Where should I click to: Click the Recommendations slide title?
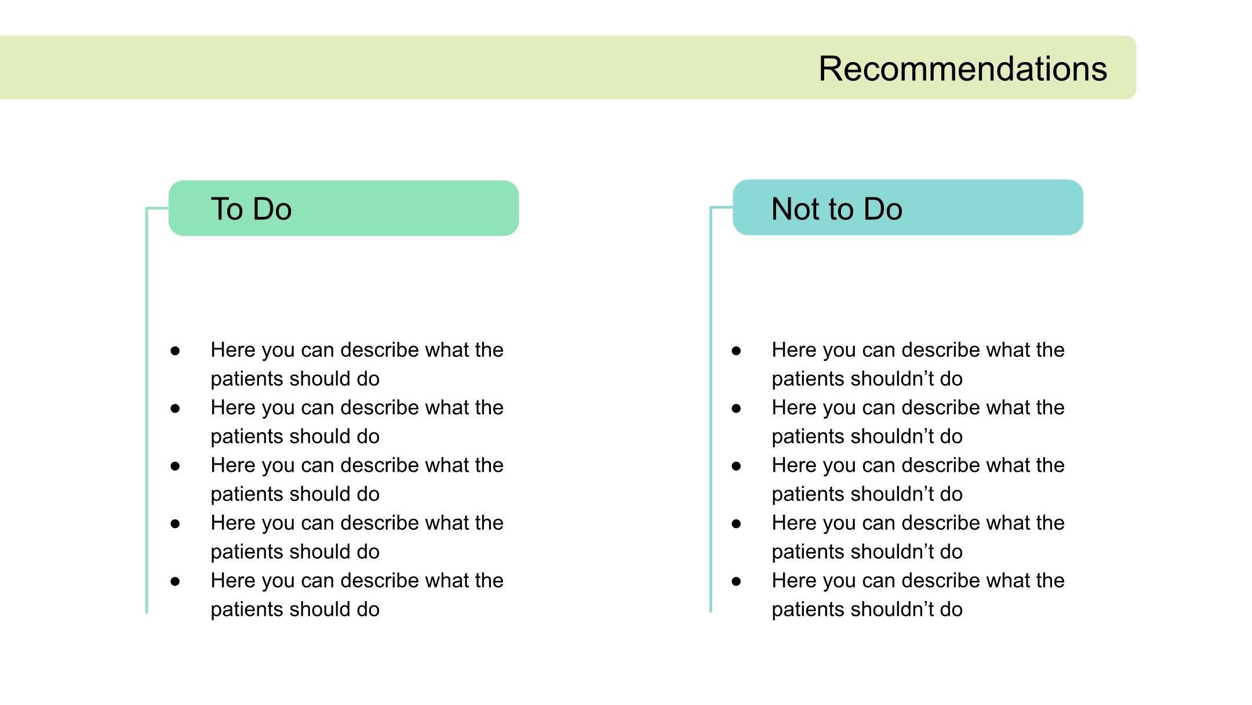pyautogui.click(x=963, y=68)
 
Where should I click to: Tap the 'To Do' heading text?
pyautogui.click(x=251, y=209)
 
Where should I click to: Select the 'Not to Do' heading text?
pyautogui.click(x=836, y=209)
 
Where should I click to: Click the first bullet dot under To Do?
pyautogui.click(x=175, y=350)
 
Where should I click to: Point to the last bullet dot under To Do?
pyautogui.click(x=175, y=581)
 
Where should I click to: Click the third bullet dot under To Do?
pyautogui.click(x=175, y=466)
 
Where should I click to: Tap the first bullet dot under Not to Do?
pyautogui.click(x=736, y=350)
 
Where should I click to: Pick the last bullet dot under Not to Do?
pyautogui.click(x=736, y=581)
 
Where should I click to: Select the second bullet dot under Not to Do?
pyautogui.click(x=736, y=408)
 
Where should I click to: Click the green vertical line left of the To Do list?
pyautogui.click(x=147, y=410)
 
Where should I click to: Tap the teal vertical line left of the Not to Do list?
pyautogui.click(x=711, y=410)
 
